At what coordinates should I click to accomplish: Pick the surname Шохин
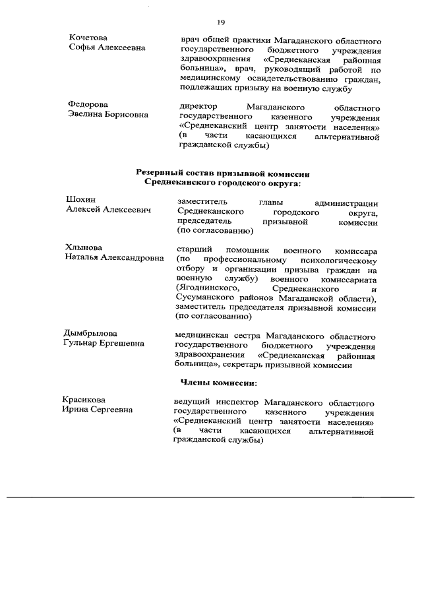click(80, 200)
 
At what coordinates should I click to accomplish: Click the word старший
click(195, 251)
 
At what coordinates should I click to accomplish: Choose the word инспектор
click(233, 402)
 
